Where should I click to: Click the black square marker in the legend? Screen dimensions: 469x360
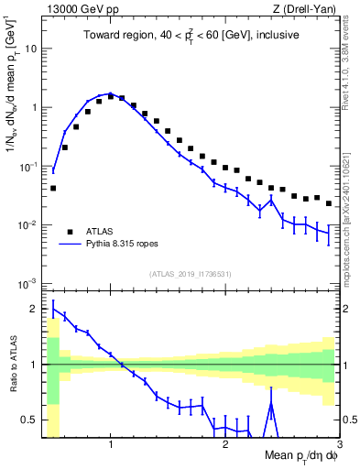(70, 231)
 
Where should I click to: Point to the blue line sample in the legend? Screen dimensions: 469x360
(70, 245)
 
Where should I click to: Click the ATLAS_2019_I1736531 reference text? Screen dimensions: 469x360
(191, 274)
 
